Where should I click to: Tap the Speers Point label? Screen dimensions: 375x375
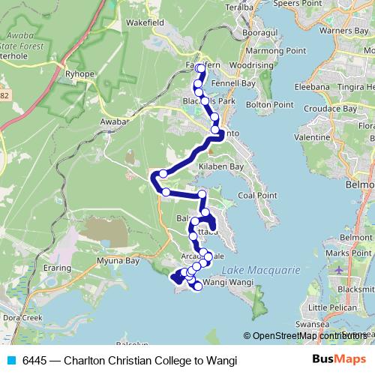coord(295,4)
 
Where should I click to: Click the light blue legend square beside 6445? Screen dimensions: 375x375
coord(11,359)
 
